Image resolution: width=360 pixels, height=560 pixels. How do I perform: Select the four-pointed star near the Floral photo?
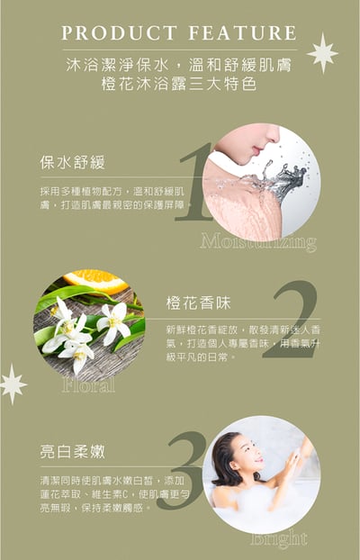coord(12,384)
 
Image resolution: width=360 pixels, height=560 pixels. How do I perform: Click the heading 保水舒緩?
coord(73,163)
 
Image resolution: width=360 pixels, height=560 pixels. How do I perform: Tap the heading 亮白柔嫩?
coord(73,451)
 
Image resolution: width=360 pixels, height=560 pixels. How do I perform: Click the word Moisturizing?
coord(258,242)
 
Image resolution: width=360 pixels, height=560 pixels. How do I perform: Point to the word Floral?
coord(88,385)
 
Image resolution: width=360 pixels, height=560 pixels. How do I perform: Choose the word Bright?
coord(279,539)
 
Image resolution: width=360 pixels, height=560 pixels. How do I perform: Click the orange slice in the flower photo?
coord(94,280)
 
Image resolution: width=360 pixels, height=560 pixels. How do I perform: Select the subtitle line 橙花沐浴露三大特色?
coord(179,85)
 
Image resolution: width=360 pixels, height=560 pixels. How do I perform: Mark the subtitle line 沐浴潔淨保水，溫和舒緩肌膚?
coord(179,65)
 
